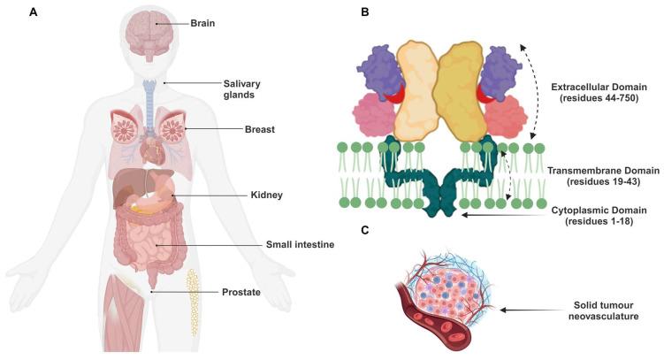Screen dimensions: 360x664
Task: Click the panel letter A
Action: pos(8,12)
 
